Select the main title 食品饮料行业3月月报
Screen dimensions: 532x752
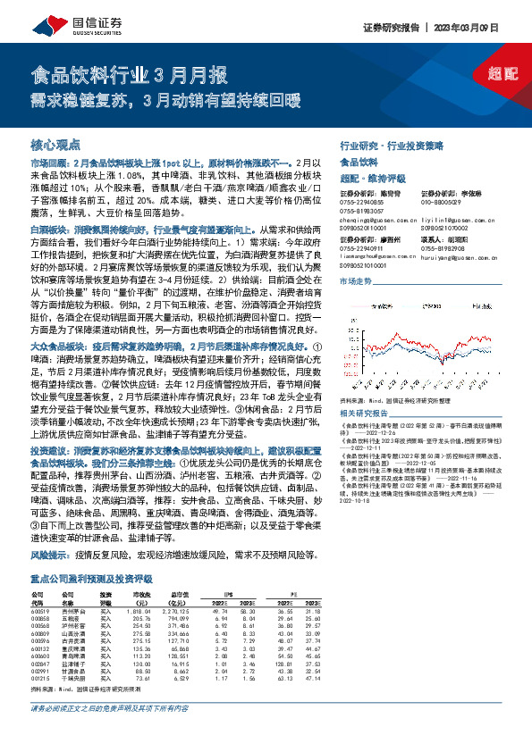coord(129,74)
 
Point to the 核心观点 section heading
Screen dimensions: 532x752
coord(55,144)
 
